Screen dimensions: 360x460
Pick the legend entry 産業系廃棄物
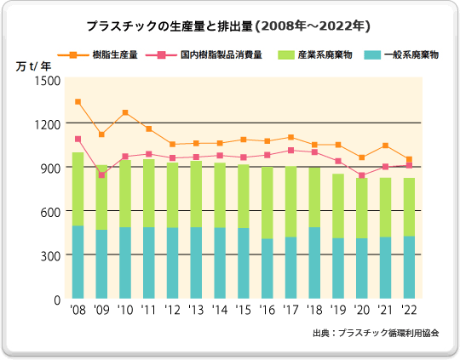coord(325,55)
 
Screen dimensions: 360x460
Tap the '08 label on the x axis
coord(78,311)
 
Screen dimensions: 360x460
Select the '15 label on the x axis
coord(244,311)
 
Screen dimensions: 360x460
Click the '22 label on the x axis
coord(409,311)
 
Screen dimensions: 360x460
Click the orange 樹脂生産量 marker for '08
coord(78,102)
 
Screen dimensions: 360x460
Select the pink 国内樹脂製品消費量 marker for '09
coord(101,175)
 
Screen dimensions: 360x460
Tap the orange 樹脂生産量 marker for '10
coord(125,112)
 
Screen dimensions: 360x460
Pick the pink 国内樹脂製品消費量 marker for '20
coord(361,175)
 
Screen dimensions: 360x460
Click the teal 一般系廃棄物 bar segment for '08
coord(78,262)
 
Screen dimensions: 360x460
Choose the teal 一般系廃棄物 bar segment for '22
coord(409,267)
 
